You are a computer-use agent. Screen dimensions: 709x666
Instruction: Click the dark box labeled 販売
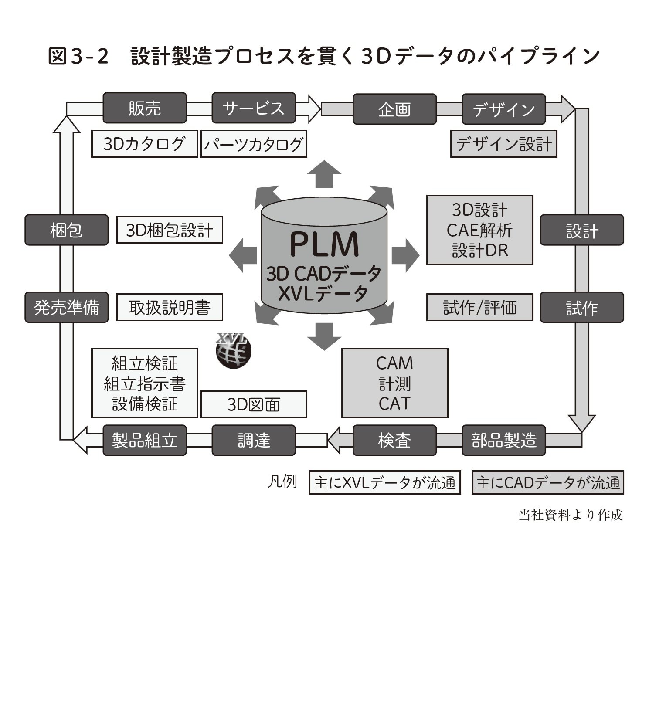pyautogui.click(x=145, y=108)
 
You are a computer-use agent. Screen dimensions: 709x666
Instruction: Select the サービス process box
pyautogui.click(x=253, y=108)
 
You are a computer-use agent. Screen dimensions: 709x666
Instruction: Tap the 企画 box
pyautogui.click(x=394, y=109)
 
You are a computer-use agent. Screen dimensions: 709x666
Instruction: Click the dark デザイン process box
pyautogui.click(x=503, y=109)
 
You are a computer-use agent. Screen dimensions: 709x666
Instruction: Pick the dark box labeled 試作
pyautogui.click(x=581, y=308)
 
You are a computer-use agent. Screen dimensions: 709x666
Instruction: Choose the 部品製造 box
pyautogui.click(x=503, y=440)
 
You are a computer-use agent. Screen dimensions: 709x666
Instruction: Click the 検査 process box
pyautogui.click(x=394, y=440)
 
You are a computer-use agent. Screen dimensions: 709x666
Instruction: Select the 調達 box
pyautogui.click(x=254, y=440)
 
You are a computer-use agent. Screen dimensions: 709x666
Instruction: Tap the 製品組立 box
pyautogui.click(x=145, y=440)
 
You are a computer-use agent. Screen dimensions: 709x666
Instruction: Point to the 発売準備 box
pyautogui.click(x=66, y=308)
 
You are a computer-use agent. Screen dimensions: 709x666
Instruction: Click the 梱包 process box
pyautogui.click(x=66, y=230)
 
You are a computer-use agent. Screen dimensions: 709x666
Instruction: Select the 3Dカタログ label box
pyautogui.click(x=144, y=144)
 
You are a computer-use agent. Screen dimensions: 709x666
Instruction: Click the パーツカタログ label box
pyautogui.click(x=253, y=144)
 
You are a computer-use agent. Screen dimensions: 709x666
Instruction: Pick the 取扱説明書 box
pyautogui.click(x=170, y=308)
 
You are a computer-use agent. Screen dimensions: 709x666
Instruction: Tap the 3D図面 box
pyautogui.click(x=253, y=404)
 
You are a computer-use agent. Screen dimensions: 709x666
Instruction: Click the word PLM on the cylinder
pyautogui.click(x=324, y=244)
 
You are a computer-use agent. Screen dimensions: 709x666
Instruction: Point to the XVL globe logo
pyautogui.click(x=234, y=351)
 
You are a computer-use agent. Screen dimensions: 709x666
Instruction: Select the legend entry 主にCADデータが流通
pyautogui.click(x=547, y=482)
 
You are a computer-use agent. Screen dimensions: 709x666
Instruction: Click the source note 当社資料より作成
pyautogui.click(x=571, y=515)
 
